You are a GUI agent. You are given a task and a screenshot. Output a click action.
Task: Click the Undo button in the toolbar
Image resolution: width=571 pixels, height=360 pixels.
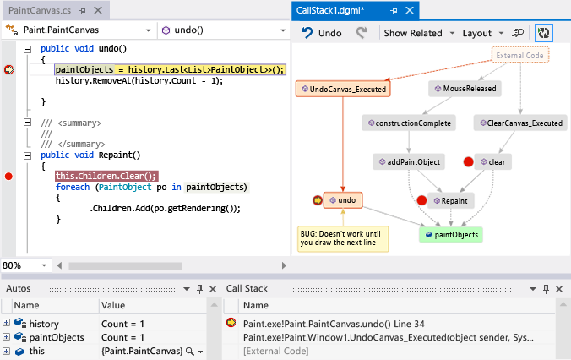click(x=323, y=33)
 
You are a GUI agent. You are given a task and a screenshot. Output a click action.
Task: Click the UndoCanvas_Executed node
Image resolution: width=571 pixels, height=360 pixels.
click(x=342, y=89)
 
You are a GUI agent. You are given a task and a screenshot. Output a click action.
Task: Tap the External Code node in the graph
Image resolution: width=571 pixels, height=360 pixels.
click(x=520, y=56)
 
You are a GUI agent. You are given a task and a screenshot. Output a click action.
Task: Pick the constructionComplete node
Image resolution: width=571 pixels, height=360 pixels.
click(x=408, y=123)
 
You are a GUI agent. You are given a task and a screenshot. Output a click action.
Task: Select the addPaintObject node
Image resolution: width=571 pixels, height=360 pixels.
click(x=409, y=161)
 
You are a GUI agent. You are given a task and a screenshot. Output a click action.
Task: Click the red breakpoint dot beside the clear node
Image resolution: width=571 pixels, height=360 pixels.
click(x=468, y=161)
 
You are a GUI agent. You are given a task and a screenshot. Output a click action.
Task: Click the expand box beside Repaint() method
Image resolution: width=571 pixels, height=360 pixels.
click(x=30, y=155)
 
